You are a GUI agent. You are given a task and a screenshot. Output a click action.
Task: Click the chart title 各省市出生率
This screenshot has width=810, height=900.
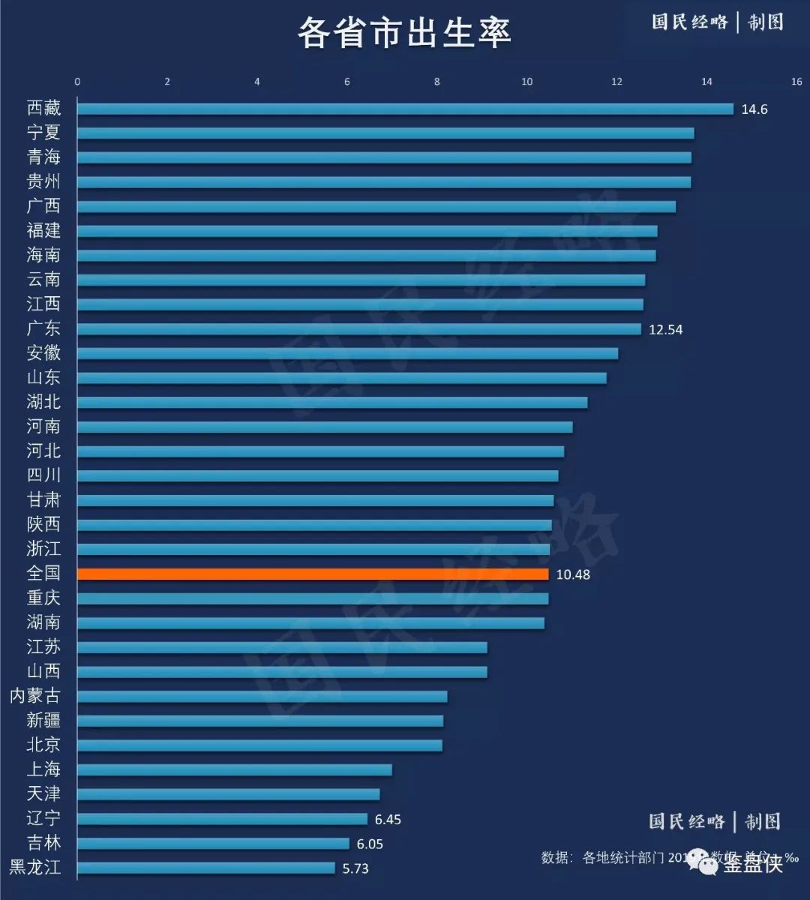404,33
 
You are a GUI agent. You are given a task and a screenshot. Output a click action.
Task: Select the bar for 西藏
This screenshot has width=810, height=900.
405,109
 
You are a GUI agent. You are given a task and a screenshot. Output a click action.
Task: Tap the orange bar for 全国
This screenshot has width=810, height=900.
313,574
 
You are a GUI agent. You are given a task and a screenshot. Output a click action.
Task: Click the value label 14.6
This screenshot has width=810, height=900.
754,109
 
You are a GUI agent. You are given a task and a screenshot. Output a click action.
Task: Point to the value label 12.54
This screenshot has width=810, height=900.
665,329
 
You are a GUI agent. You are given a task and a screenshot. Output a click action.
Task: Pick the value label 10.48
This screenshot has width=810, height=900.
573,574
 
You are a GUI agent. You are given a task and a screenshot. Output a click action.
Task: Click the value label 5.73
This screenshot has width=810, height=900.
355,868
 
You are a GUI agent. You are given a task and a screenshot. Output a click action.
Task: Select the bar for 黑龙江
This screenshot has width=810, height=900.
206,868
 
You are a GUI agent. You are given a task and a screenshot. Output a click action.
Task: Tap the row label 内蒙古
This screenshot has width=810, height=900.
34,696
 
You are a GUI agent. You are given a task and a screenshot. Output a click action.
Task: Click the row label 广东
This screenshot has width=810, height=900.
43,328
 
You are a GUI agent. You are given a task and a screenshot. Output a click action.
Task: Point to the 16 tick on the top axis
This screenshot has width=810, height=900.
796,82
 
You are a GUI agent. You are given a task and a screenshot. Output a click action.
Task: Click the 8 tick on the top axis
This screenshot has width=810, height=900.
437,82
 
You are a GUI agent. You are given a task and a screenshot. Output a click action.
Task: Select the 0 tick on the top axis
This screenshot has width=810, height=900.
77,82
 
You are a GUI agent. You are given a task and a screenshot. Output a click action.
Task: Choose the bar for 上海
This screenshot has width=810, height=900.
234,769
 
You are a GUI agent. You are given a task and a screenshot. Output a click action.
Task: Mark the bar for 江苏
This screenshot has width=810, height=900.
282,647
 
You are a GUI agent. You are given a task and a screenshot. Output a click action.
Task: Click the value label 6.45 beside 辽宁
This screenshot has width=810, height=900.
388,820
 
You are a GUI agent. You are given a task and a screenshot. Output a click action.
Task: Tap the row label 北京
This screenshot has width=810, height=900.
43,745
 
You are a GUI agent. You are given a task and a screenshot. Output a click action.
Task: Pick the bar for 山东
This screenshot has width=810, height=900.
341,378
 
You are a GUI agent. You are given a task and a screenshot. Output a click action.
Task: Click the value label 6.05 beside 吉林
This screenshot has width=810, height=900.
370,844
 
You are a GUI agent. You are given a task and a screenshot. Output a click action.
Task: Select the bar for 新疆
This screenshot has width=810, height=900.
260,721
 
